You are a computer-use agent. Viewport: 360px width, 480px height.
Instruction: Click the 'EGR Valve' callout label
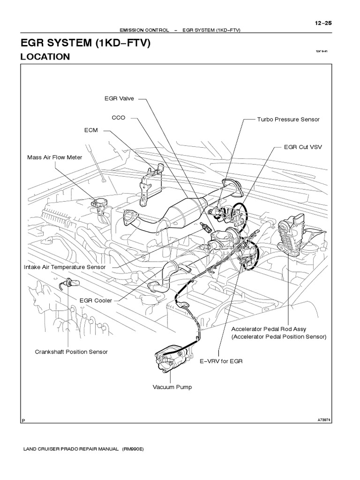119,98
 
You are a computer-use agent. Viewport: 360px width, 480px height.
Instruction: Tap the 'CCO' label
119,118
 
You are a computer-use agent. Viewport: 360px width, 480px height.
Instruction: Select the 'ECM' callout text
91,130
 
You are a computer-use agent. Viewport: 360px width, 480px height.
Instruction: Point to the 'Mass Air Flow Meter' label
54,157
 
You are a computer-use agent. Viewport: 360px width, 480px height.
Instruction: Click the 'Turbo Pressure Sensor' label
288,120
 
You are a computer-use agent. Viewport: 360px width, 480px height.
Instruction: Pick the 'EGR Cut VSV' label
303,147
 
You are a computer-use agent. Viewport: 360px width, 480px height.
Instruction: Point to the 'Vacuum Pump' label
172,387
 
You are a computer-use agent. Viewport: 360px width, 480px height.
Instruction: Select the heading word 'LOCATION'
45,57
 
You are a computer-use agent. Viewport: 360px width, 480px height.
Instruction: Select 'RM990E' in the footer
134,449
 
